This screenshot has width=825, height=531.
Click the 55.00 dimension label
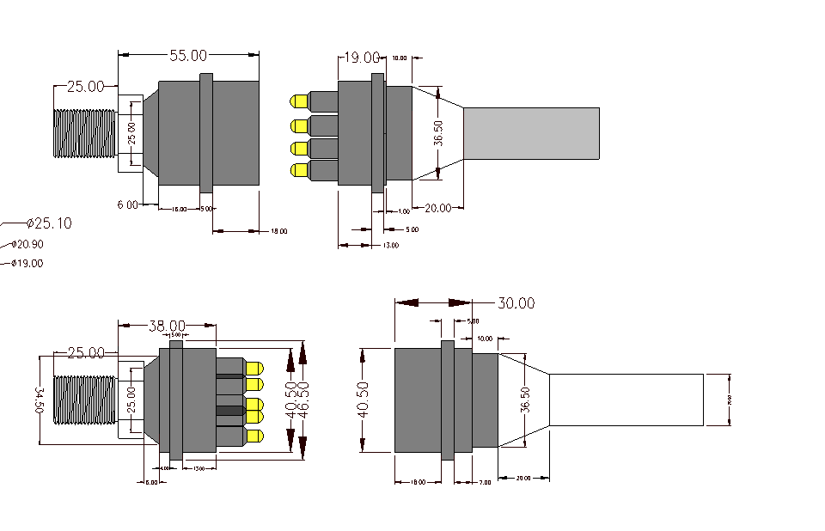pos(187,56)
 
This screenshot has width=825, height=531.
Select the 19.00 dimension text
pos(362,58)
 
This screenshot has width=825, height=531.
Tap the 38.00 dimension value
pos(167,326)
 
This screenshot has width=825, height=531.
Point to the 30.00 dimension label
pos(516,303)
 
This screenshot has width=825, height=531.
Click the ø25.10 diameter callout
pos(49,223)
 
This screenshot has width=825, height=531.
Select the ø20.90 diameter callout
pos(29,245)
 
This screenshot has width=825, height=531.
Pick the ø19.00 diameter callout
pos(28,264)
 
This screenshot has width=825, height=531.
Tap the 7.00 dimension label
pos(484,483)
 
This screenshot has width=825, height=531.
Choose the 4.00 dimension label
pos(164,469)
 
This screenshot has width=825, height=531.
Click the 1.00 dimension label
pos(403,211)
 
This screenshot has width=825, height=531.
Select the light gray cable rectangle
pos(531,133)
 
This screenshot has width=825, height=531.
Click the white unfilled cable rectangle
pos(626,400)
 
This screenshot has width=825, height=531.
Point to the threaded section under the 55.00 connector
pos(84,133)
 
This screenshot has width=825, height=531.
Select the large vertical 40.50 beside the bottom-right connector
pos(364,400)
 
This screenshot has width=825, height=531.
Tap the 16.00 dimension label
pos(179,210)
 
